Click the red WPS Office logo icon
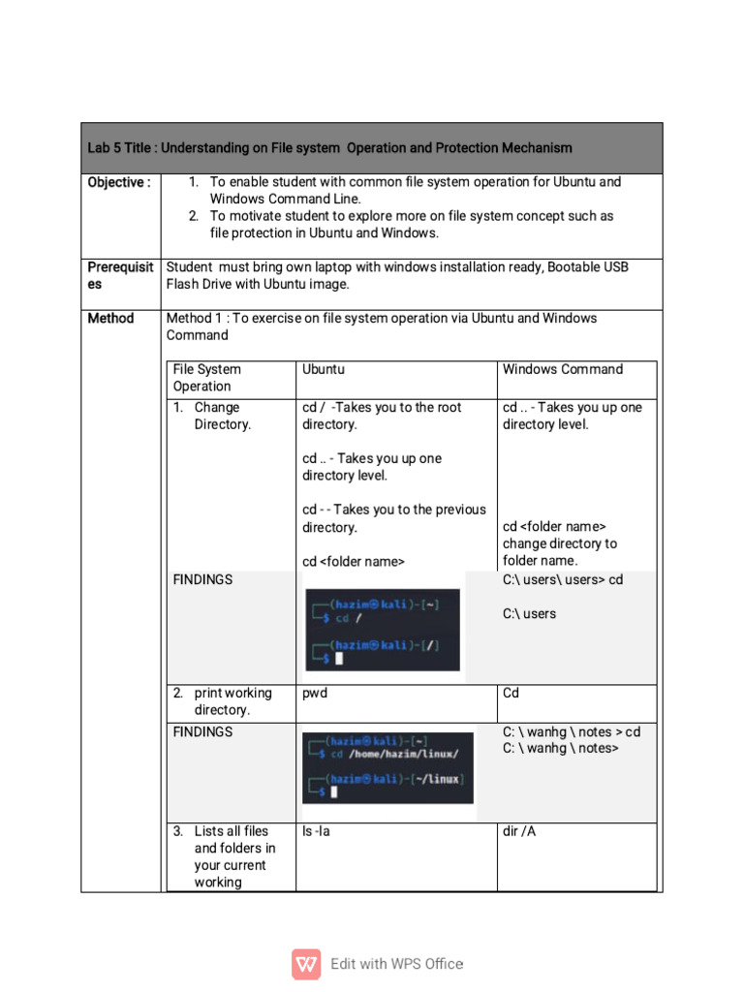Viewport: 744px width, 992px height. coord(306,964)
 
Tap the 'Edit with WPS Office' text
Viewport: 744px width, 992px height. coord(396,964)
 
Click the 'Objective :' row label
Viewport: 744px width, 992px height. coord(119,182)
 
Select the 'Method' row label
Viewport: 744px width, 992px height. coord(111,318)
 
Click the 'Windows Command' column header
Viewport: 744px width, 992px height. coord(562,369)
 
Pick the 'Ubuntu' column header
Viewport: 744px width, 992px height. coord(324,369)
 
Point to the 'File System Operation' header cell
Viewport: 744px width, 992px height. coord(207,378)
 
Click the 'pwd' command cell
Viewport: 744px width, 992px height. coord(315,694)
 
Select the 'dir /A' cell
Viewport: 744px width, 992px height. coord(519,831)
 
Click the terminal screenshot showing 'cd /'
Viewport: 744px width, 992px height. coord(382,630)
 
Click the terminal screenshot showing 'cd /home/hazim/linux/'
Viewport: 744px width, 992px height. coord(387,766)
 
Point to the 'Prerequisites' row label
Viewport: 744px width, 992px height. coord(120,276)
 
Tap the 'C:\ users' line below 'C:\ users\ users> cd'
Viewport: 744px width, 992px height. coord(529,613)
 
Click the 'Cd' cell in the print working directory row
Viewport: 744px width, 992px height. coord(511,694)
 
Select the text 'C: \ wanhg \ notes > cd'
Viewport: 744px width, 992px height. coord(572,731)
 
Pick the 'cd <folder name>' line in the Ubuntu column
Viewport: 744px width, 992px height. coord(353,561)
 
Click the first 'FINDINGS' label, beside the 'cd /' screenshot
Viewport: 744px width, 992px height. coord(202,579)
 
